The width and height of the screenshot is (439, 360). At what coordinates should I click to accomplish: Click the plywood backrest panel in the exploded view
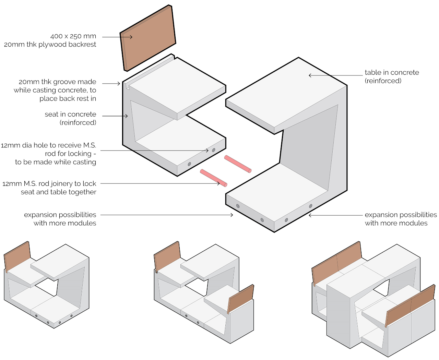[x=148, y=38]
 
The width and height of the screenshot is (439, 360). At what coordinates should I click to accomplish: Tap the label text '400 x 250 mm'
[x=73, y=36]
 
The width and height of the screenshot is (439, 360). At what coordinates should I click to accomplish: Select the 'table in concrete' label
[x=392, y=73]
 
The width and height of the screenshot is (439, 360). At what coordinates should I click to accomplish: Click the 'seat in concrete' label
[x=70, y=115]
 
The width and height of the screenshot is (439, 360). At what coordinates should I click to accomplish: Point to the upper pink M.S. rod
[x=238, y=164]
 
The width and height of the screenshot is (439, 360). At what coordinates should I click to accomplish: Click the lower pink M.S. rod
[x=213, y=178]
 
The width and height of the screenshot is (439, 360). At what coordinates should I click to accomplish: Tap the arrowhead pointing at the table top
[x=310, y=75]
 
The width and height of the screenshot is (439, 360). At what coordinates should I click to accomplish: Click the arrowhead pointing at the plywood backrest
[x=131, y=37]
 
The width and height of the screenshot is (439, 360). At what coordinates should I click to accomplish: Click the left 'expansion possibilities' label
[x=60, y=215]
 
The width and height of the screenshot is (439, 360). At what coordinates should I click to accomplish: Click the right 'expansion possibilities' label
[x=401, y=215]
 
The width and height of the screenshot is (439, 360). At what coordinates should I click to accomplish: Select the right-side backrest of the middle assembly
[x=241, y=298]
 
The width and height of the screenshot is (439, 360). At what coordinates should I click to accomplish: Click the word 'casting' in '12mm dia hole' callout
[x=82, y=162]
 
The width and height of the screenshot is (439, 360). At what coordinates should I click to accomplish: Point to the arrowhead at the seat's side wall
[x=127, y=116]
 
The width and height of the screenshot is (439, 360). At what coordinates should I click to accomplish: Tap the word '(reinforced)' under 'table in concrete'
[x=383, y=81]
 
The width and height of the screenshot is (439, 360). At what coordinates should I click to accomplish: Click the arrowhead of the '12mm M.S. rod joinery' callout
[x=219, y=183]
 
